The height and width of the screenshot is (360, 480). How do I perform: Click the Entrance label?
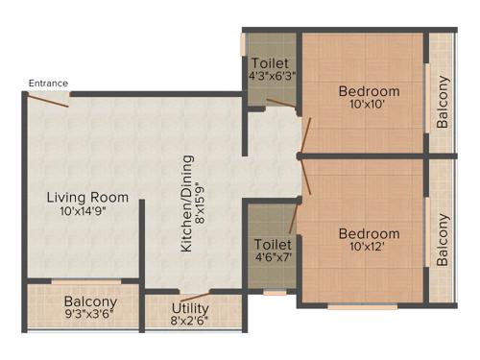[x=48, y=84]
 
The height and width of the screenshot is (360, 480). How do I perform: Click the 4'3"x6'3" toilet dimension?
[x=272, y=75]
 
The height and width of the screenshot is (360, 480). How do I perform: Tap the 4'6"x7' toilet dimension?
[x=272, y=256]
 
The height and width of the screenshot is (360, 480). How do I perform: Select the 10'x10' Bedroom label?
[x=369, y=92]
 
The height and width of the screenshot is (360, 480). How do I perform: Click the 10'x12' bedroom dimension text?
[x=369, y=248]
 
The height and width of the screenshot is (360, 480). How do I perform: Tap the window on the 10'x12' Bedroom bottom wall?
[x=362, y=306]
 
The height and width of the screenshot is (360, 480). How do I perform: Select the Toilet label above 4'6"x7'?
[x=272, y=243]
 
